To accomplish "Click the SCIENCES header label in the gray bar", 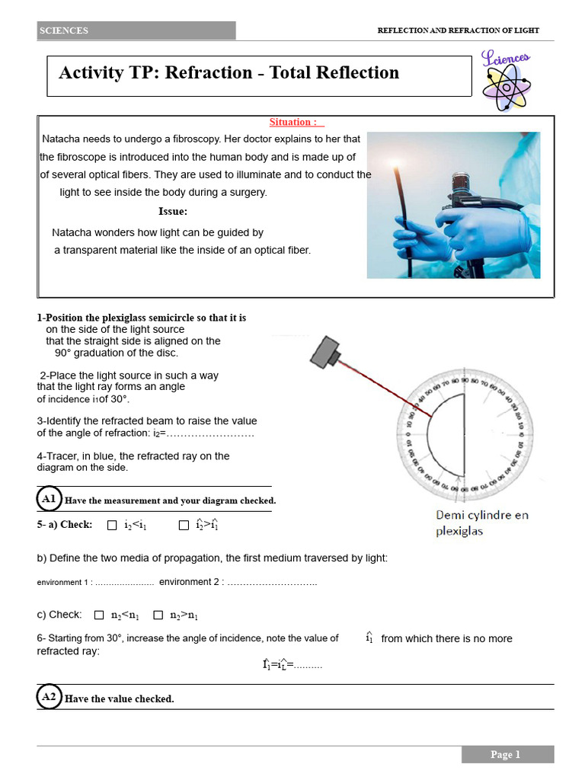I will click(64, 30).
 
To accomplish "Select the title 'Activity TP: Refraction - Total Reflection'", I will click(229, 73).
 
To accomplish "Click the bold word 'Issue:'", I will click(173, 211).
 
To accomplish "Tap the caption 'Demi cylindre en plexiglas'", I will click(481, 523).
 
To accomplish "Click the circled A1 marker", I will click(50, 499).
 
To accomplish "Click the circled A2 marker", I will click(50, 696).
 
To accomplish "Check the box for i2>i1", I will click(184, 525).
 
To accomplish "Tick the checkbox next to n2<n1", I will click(99, 615).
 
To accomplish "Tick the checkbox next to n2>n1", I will click(158, 615).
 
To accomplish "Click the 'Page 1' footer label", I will click(507, 754).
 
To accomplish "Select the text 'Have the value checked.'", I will click(120, 698).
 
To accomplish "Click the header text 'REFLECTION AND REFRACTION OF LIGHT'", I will click(458, 30).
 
